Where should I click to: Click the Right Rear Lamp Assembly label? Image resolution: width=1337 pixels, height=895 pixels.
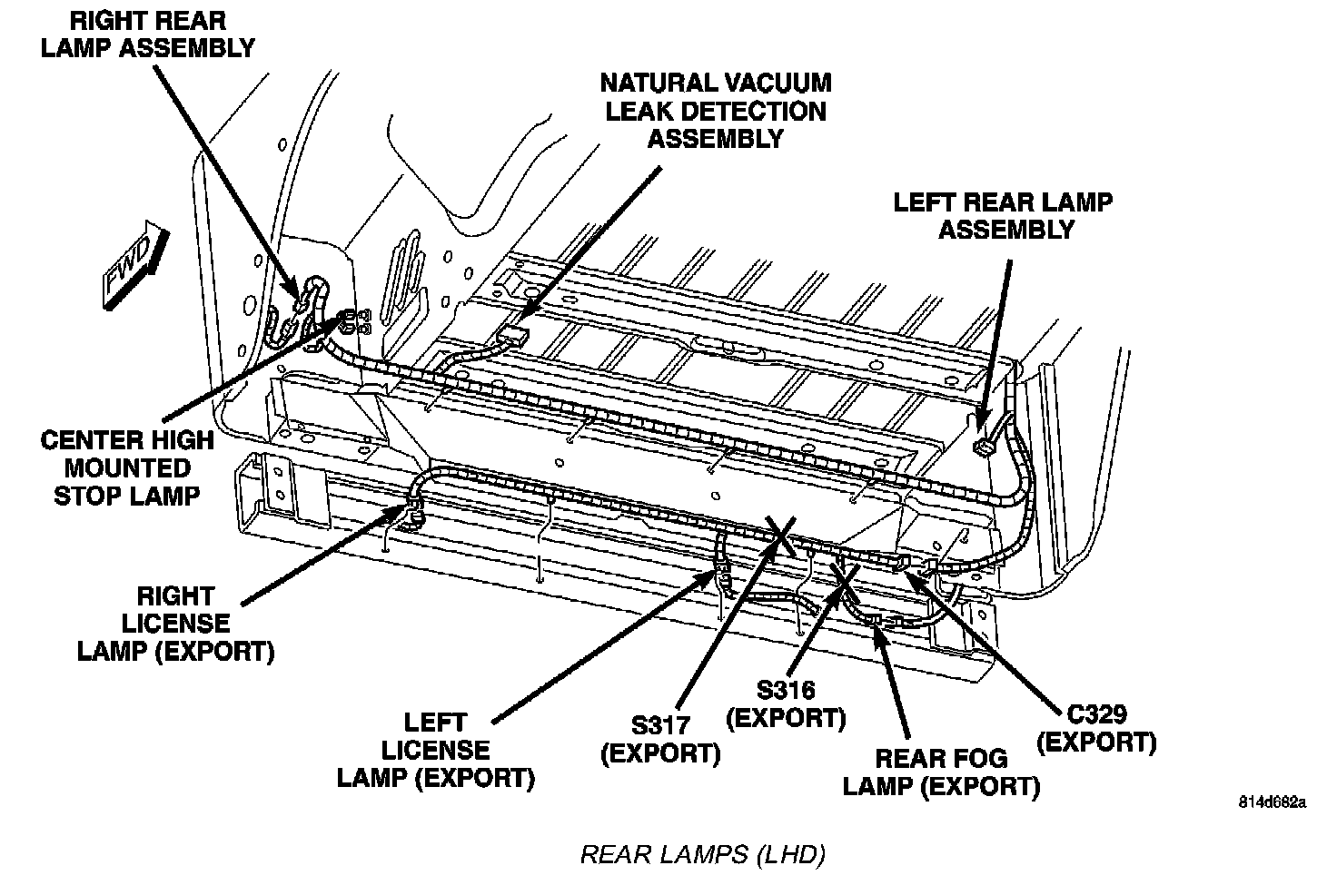pos(148,34)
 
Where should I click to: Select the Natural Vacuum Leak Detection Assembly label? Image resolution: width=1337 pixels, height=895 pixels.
pos(716,111)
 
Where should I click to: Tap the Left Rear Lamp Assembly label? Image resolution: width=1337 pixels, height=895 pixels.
pos(1003,215)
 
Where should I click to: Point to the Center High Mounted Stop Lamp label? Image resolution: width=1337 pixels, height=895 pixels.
pos(127,468)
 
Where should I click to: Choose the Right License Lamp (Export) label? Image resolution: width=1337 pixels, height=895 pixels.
pos(175,624)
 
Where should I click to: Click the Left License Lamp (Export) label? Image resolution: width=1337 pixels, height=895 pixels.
pos(435,750)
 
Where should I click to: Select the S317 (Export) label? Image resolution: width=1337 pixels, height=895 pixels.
pos(660,740)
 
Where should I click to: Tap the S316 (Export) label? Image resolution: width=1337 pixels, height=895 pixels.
pos(787,704)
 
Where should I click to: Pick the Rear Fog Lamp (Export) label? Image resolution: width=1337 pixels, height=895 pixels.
pos(941,772)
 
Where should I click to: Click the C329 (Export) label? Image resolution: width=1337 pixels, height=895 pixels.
pos(1096,728)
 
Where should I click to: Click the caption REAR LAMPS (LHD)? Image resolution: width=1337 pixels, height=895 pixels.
pos(702,854)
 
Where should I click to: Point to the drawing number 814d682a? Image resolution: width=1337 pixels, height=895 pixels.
pos(1272,802)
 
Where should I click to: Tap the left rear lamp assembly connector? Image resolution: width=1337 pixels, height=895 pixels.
pos(982,447)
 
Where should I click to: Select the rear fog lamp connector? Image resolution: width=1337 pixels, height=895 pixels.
pos(876,620)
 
